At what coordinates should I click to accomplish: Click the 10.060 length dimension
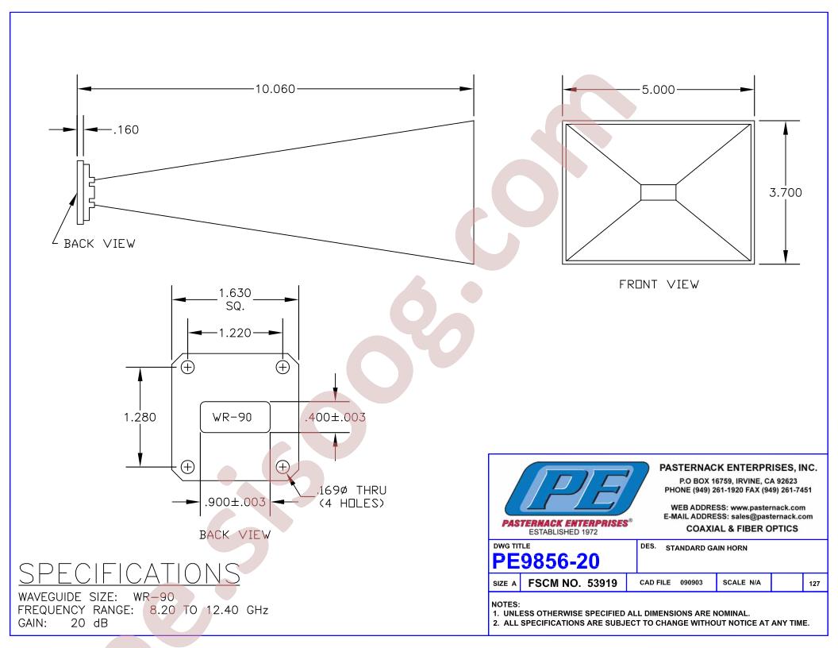[x=275, y=89]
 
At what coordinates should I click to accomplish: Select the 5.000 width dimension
[x=658, y=89]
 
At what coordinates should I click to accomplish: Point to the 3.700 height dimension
[x=785, y=192]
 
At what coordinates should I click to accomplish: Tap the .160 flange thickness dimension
[x=126, y=130]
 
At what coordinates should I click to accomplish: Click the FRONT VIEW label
[x=659, y=284]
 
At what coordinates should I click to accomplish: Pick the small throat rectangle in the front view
[x=658, y=192]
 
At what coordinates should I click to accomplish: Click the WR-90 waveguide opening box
[x=235, y=417]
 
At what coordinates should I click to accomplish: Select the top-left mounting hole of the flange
[x=187, y=368]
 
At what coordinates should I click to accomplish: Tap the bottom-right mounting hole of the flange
[x=283, y=467]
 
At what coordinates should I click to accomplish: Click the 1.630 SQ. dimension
[x=235, y=299]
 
